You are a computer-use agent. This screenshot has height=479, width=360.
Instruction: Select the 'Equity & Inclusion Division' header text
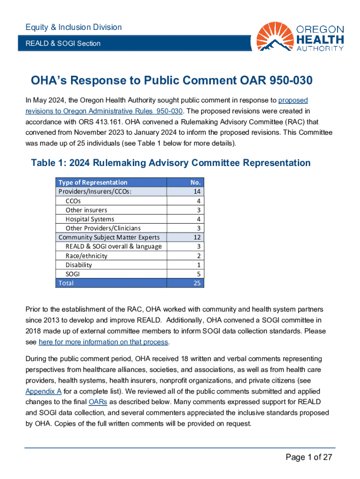point(73,27)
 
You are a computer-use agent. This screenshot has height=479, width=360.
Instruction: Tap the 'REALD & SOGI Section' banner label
point(63,44)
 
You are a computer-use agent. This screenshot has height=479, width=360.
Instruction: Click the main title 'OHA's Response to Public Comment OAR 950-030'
point(171,81)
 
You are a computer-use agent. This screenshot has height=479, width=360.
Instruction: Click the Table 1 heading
point(170,163)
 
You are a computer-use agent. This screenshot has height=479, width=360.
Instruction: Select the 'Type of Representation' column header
point(93,182)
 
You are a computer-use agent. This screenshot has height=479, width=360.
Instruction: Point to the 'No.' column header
point(196,182)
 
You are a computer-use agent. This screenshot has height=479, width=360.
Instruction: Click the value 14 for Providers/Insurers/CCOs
point(197,191)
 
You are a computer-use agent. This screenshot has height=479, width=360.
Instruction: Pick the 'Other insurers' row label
point(86,210)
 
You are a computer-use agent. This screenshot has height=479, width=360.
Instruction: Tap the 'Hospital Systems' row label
point(90,219)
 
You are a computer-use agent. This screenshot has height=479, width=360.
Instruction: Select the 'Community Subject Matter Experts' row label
point(112,237)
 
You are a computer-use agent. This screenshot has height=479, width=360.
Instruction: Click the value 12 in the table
point(197,237)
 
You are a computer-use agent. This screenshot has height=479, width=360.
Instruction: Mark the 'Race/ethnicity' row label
point(86,256)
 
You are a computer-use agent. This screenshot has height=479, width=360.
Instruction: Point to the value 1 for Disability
point(199,265)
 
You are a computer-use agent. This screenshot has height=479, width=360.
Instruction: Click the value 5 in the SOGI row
point(199,274)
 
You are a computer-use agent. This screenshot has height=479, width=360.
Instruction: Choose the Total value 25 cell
point(197,283)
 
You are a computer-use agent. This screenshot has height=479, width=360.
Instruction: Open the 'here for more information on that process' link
point(103,342)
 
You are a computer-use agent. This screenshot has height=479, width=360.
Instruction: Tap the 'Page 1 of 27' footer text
point(309,457)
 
